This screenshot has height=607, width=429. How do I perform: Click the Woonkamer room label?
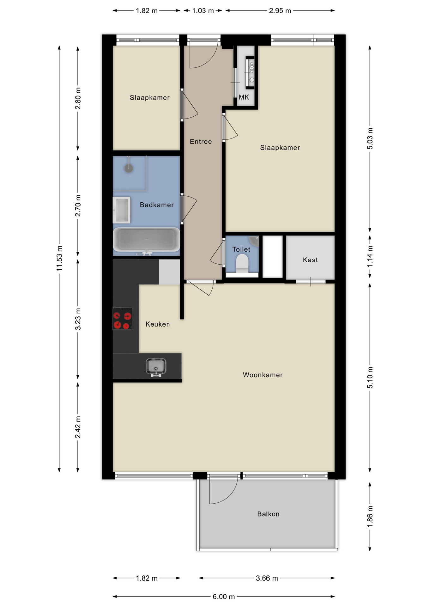tap(263, 375)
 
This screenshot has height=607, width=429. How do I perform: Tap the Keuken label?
tap(158, 324)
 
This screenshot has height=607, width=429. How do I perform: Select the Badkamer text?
tap(157, 205)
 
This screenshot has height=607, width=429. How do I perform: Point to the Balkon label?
tap(268, 514)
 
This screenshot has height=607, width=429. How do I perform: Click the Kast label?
tap(310, 260)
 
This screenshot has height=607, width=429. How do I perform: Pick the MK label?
tap(244, 97)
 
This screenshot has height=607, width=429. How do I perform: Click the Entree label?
tap(201, 142)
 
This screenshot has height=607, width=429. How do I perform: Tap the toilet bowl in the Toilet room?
tap(242, 263)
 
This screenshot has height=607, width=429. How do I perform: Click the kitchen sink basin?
tap(156, 367)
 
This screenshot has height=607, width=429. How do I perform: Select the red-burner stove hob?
tap(122, 319)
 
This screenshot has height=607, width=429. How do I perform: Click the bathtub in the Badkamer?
tap(146, 240)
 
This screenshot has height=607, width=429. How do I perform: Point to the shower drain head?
tap(129, 168)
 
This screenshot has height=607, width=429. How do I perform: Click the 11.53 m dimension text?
tap(59, 258)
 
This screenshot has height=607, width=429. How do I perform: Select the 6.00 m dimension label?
tap(224, 597)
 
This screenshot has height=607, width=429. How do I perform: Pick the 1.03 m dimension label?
tap(203, 11)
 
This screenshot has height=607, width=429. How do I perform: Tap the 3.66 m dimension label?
tap(267, 578)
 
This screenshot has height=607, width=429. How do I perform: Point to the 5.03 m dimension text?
tap(370, 138)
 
